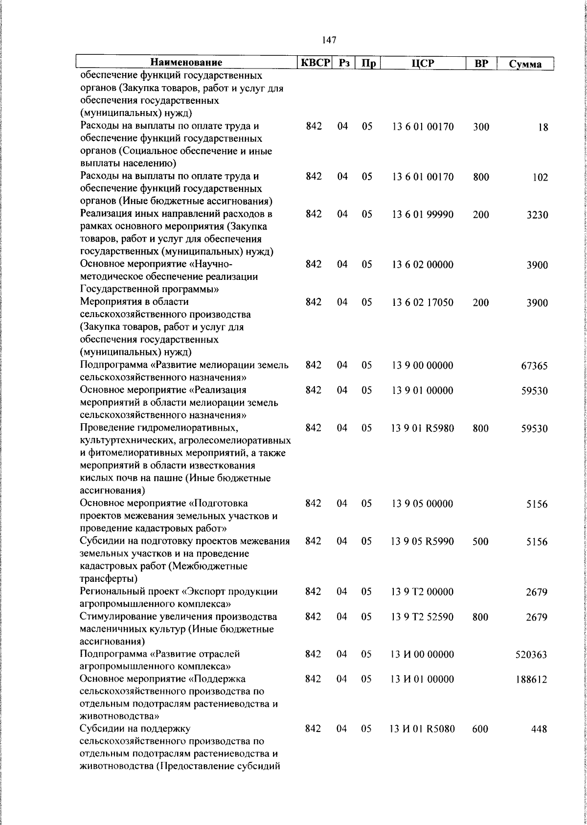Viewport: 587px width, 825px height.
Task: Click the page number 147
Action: click(329, 40)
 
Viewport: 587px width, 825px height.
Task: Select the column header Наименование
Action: click(186, 63)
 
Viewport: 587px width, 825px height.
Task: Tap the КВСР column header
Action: click(316, 63)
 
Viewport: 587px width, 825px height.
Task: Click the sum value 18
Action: click(543, 128)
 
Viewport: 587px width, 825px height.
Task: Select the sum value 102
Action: click(540, 178)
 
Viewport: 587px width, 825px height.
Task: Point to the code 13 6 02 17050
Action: click(423, 302)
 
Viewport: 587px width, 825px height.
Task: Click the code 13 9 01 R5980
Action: click(423, 429)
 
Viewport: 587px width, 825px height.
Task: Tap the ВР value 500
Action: click(480, 542)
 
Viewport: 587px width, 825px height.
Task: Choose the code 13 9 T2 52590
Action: click(423, 617)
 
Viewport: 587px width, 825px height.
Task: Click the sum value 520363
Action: click(531, 655)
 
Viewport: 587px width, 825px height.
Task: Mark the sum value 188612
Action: click(531, 680)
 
